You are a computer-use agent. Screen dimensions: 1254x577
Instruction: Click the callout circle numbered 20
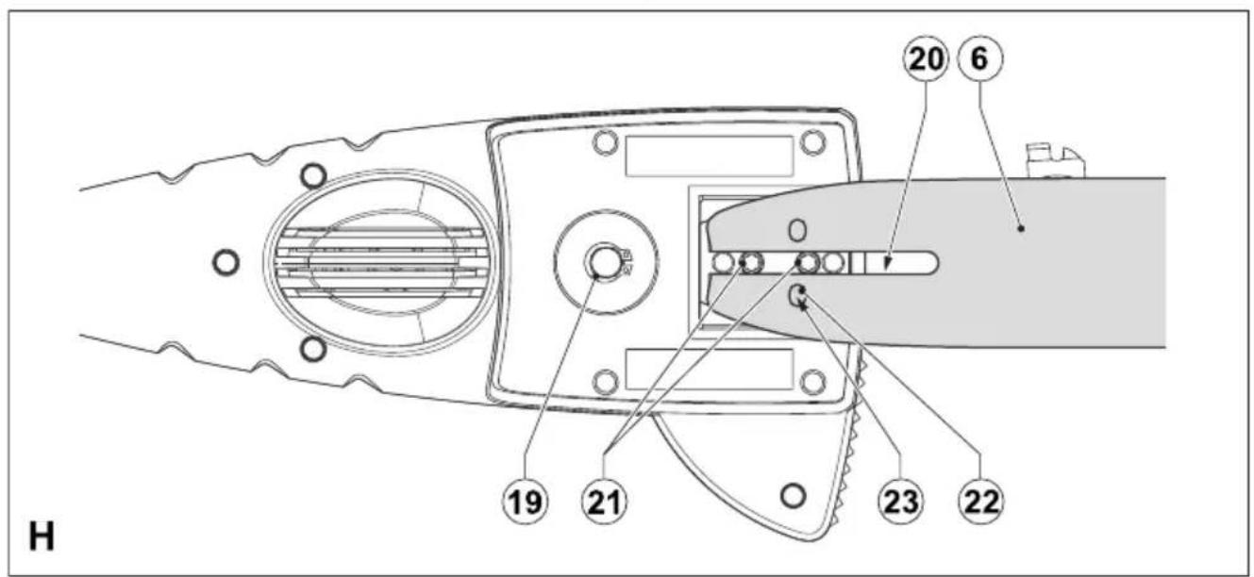[x=926, y=59]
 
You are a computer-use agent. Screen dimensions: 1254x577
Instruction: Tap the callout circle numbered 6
[x=979, y=59]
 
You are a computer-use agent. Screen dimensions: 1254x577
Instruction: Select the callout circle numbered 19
[x=525, y=501]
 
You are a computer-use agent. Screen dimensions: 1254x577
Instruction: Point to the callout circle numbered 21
[x=604, y=501]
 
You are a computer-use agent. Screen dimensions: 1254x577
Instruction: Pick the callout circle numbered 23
[x=899, y=501]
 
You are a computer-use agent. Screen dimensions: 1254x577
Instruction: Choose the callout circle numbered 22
[x=980, y=501]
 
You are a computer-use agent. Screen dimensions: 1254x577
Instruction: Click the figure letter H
[x=42, y=536]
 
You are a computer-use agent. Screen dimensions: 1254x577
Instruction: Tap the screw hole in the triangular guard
[x=793, y=495]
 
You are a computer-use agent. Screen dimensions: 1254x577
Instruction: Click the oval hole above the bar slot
[x=797, y=230]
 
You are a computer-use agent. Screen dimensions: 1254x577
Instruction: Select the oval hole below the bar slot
[x=796, y=295]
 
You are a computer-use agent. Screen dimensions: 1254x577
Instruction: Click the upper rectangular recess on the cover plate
[x=709, y=157]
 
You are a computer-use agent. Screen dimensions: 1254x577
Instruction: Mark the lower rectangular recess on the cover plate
[x=709, y=369]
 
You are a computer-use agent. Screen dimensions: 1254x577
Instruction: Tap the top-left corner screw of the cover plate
[x=605, y=142]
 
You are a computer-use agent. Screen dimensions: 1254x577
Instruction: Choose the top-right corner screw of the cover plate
[x=812, y=142]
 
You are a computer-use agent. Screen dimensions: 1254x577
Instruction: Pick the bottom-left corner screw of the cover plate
[x=605, y=383]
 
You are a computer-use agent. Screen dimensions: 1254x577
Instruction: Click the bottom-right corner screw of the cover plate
[x=812, y=383]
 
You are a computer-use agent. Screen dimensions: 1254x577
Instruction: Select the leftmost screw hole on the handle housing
[x=226, y=262]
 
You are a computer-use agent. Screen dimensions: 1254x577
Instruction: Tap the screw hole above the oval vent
[x=313, y=176]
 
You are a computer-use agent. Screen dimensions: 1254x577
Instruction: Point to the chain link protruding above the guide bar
[x=1055, y=161]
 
